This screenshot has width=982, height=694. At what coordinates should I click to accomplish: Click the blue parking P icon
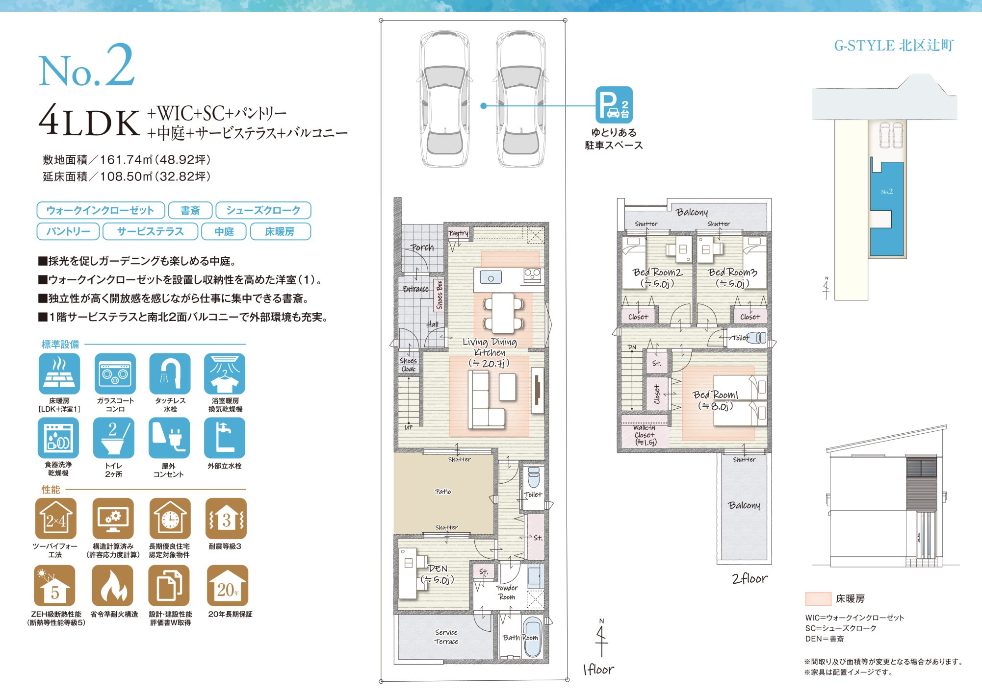pos(614,104)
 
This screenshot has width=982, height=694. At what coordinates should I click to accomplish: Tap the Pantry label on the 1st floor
pos(459,233)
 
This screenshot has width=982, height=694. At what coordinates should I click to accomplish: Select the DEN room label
pos(438,569)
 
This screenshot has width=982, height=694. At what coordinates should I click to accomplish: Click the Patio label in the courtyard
pos(443,492)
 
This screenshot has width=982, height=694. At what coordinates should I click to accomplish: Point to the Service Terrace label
pos(446,637)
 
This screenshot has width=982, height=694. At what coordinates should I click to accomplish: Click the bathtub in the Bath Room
pos(531,637)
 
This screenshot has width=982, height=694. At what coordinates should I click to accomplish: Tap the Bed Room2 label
pos(657,272)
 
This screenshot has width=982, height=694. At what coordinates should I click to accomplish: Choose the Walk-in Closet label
pos(645,435)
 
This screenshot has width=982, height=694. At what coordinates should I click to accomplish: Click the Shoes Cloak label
pos(408,365)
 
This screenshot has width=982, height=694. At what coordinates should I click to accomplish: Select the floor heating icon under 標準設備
pos(59,374)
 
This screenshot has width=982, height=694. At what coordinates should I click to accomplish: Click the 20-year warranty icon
pos(228,586)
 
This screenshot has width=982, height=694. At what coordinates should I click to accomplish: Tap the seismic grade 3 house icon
pos(226,519)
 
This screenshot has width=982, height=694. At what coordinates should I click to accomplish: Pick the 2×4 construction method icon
pos(56,519)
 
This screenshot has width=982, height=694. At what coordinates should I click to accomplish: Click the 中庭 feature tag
pos(224,231)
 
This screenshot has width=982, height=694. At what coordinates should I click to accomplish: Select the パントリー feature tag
pos(68,231)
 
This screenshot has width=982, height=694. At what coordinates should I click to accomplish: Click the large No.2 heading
pos(87,66)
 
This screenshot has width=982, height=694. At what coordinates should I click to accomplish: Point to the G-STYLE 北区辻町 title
pos(894,46)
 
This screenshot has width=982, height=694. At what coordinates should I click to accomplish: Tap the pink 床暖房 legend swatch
pos(818,598)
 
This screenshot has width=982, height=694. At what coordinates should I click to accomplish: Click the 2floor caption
pos(749,579)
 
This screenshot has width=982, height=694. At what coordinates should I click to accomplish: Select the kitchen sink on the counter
pos(491,278)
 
